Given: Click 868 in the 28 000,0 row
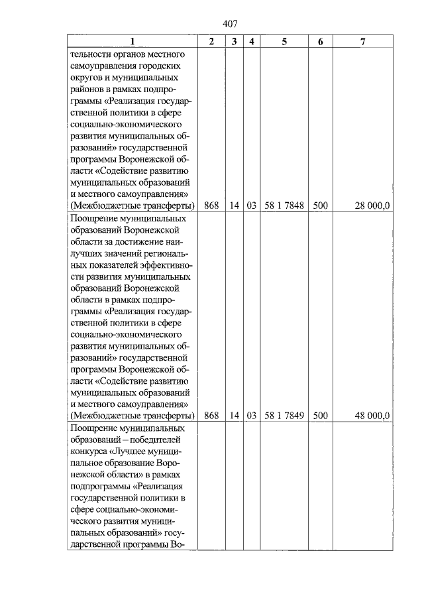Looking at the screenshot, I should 211,206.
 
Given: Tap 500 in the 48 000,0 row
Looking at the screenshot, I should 321,416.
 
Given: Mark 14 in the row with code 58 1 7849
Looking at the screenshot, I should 234,416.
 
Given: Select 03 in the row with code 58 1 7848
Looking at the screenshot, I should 252,206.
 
